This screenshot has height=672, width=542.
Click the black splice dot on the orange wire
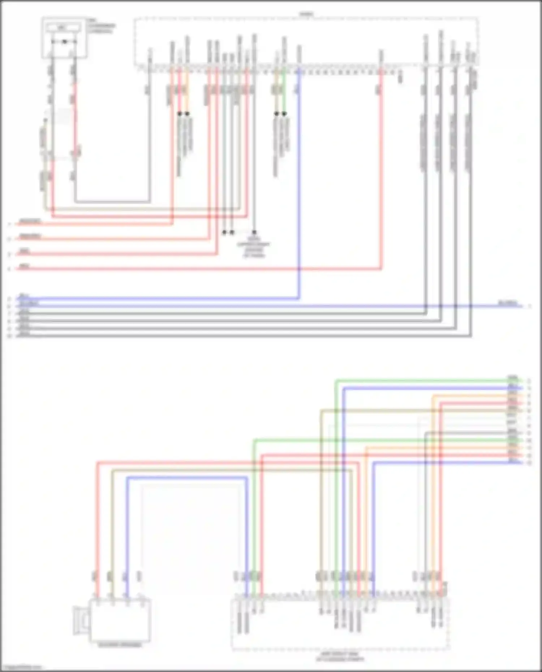click(187, 114)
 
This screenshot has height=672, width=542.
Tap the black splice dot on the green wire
click(284, 114)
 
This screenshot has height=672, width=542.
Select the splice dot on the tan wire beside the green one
click(276, 114)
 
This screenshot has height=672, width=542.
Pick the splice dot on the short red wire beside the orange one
click(180, 114)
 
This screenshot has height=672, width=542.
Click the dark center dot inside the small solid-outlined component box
click(64, 42)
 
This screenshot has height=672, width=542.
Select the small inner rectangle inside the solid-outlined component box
click(64, 27)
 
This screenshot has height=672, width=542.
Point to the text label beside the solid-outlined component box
click(101, 26)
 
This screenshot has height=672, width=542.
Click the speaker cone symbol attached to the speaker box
click(81, 620)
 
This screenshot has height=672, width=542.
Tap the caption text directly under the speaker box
click(120, 645)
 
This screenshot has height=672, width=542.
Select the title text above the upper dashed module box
click(306, 14)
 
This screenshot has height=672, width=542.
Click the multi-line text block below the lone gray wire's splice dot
click(254, 247)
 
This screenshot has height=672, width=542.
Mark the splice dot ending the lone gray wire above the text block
click(254, 232)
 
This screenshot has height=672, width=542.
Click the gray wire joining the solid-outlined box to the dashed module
click(112, 201)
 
